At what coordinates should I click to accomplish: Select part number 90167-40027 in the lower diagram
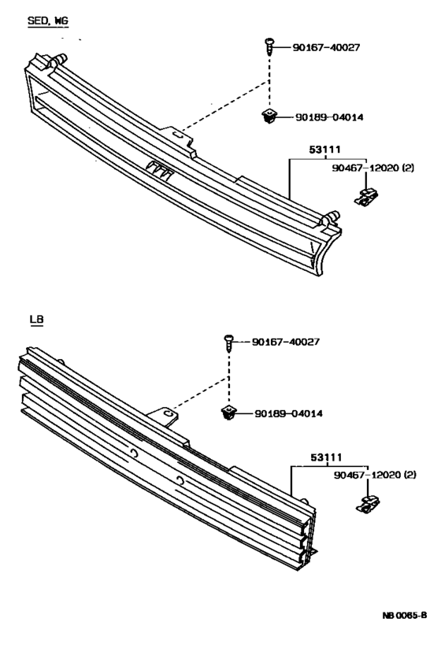pos(289,342)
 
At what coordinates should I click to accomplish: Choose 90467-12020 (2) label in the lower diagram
pos(375,475)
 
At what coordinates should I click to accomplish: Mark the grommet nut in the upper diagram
pos(268,117)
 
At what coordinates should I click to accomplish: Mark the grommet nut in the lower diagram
pos(229,413)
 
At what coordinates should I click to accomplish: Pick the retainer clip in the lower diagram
pos(366,504)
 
